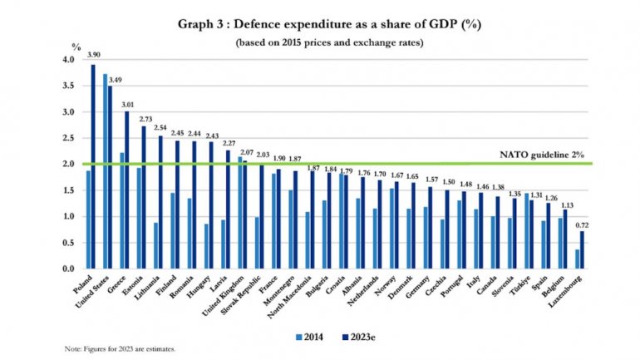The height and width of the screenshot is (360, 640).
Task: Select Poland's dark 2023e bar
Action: point(93,166)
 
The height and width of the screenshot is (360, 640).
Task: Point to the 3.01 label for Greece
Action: point(128,104)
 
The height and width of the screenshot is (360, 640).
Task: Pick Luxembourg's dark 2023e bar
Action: point(581,250)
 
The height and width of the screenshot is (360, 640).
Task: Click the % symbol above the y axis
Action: point(76,48)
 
